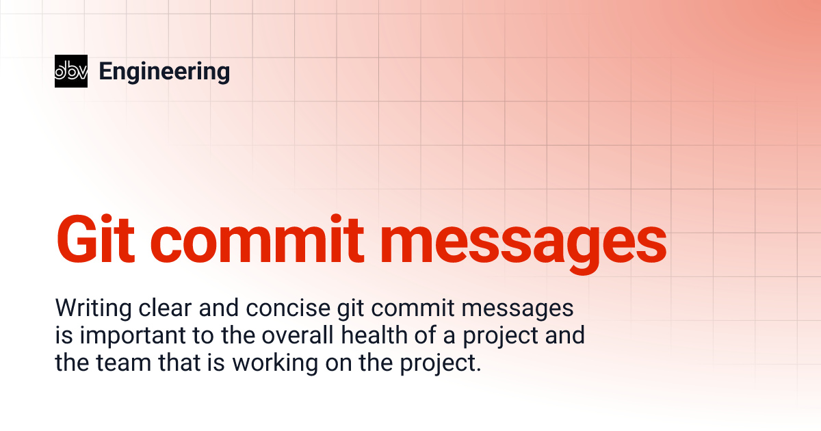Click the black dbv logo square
point(71,71)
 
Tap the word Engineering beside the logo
point(164,71)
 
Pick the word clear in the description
point(167,309)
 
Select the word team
point(122,363)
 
